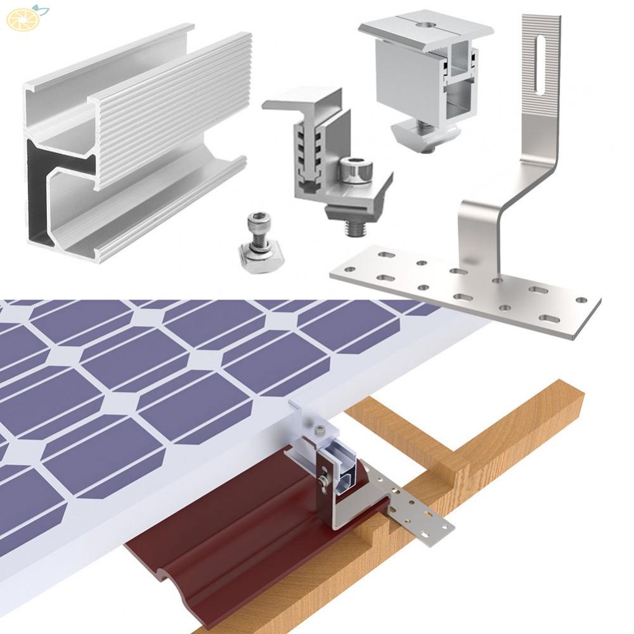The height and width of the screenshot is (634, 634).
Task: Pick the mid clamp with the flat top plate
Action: click(x=425, y=70)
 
